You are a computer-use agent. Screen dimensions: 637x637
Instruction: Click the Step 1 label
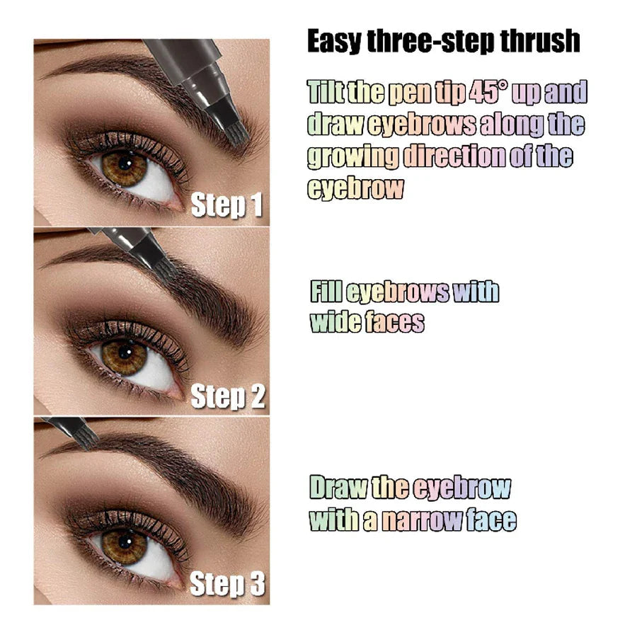click(226, 205)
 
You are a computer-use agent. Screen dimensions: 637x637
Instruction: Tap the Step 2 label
click(228, 397)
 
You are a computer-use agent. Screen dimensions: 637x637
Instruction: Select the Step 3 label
click(227, 585)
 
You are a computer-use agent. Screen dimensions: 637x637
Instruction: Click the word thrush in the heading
click(540, 42)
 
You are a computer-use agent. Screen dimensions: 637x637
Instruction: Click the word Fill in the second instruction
click(324, 292)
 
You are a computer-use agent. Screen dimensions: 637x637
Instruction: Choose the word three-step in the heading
click(432, 42)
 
